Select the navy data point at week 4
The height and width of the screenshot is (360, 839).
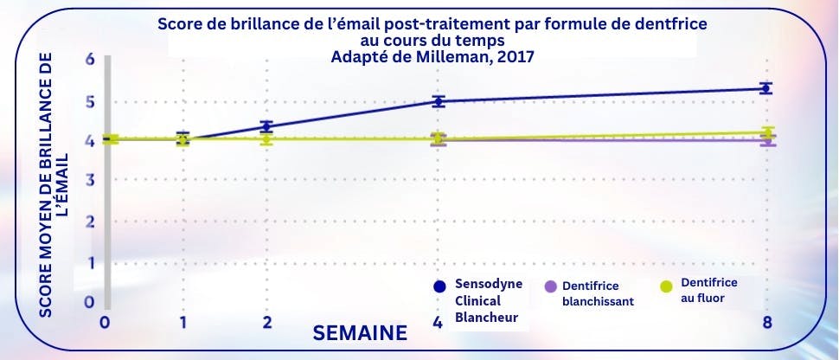click(x=439, y=101)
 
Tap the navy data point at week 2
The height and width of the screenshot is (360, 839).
click(x=267, y=126)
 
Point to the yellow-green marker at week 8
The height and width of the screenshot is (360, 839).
click(x=766, y=132)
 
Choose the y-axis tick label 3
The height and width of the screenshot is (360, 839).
click(x=89, y=180)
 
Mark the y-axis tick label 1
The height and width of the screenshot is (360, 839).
click(x=89, y=261)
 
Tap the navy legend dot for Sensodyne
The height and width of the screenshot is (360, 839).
click(x=439, y=286)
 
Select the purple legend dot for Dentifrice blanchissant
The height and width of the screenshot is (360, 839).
click(x=549, y=286)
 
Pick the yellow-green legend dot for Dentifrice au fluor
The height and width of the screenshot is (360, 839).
click(x=666, y=286)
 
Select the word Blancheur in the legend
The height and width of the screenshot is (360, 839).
click(x=486, y=317)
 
